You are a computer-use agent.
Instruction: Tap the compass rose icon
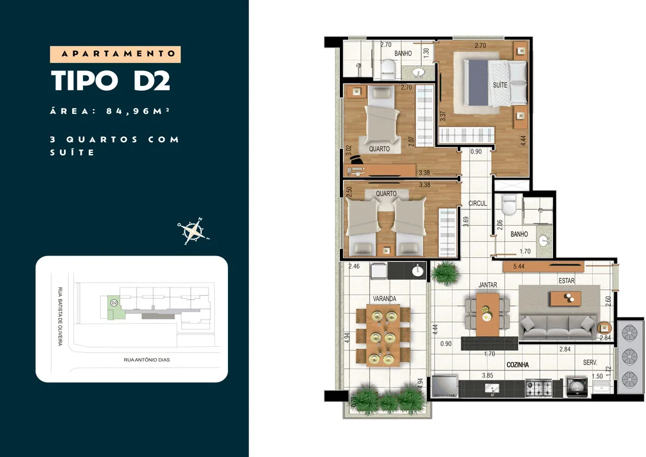193,231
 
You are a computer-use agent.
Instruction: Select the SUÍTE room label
500,85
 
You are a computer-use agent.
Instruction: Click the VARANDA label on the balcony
384,299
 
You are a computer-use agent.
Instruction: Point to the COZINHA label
518,365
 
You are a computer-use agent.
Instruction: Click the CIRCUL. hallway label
478,203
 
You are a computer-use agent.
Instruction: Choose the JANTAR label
488,285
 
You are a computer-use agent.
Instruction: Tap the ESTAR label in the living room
567,280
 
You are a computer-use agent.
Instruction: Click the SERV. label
590,362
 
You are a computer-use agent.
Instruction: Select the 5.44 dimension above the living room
519,267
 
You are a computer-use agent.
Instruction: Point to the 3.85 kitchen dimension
487,375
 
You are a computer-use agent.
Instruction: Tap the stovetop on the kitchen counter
539,388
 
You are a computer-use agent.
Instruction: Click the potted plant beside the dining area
445,273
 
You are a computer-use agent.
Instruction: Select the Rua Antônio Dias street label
147,360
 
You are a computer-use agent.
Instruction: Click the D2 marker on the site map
114,303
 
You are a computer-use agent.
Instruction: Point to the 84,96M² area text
138,111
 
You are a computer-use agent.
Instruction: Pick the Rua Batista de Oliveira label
60,317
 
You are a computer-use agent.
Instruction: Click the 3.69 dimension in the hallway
466,222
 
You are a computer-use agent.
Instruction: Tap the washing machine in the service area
577,387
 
